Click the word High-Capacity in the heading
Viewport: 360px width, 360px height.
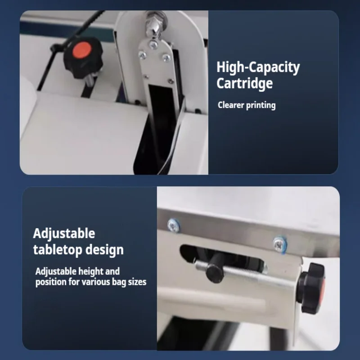[258, 67]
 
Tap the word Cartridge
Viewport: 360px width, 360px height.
[244, 83]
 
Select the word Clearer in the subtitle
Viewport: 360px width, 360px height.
[231, 105]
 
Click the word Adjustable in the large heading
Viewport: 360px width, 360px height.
[64, 234]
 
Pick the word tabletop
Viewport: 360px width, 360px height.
[58, 250]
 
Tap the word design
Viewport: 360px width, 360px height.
[104, 250]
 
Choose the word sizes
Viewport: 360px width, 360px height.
[137, 282]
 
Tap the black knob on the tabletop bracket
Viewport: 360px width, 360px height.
[311, 288]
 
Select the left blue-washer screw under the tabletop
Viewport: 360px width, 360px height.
[173, 225]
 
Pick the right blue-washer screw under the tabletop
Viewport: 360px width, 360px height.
[279, 244]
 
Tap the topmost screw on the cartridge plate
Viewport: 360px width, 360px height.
[153, 44]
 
